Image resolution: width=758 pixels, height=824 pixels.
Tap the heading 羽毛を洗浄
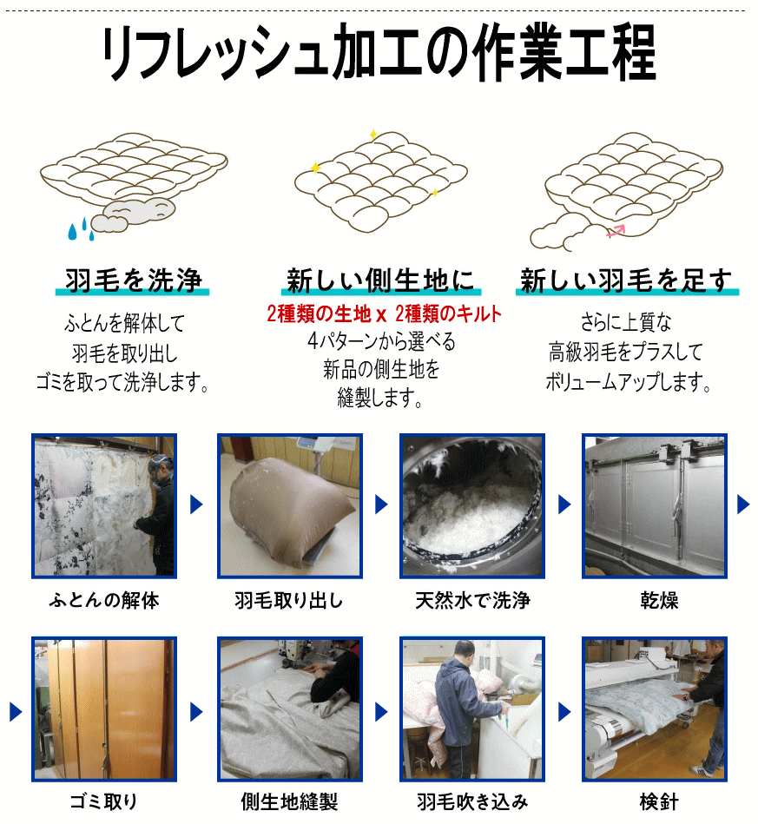pos(133,280)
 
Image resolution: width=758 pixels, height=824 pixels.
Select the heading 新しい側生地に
pos(380,280)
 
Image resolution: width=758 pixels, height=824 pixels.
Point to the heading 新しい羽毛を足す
pos(626,280)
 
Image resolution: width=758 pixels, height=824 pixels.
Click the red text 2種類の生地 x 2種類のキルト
pos(385,313)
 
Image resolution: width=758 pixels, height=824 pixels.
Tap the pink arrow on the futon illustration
pos(616,231)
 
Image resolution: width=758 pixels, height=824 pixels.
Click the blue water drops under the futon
pos(81,229)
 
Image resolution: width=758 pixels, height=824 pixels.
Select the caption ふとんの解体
pos(104,600)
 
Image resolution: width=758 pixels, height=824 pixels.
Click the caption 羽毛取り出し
pos(288,600)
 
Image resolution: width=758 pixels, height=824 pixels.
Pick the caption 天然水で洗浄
pos(472,600)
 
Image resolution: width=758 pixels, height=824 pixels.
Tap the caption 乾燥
pos(659,600)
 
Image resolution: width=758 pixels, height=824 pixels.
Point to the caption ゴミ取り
pos(103,801)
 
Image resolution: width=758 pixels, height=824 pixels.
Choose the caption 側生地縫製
pos(289,801)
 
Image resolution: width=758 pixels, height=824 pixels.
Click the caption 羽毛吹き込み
pos(472,801)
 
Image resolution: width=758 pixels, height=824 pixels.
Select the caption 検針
pos(659,801)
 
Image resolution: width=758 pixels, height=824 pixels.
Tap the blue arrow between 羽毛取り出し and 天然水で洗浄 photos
pos(381,504)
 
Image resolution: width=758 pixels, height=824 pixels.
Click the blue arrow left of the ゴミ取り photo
pos(16,712)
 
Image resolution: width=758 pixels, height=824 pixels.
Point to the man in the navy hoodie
pos(463,709)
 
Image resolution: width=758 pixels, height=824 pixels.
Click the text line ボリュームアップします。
pos(628,382)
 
